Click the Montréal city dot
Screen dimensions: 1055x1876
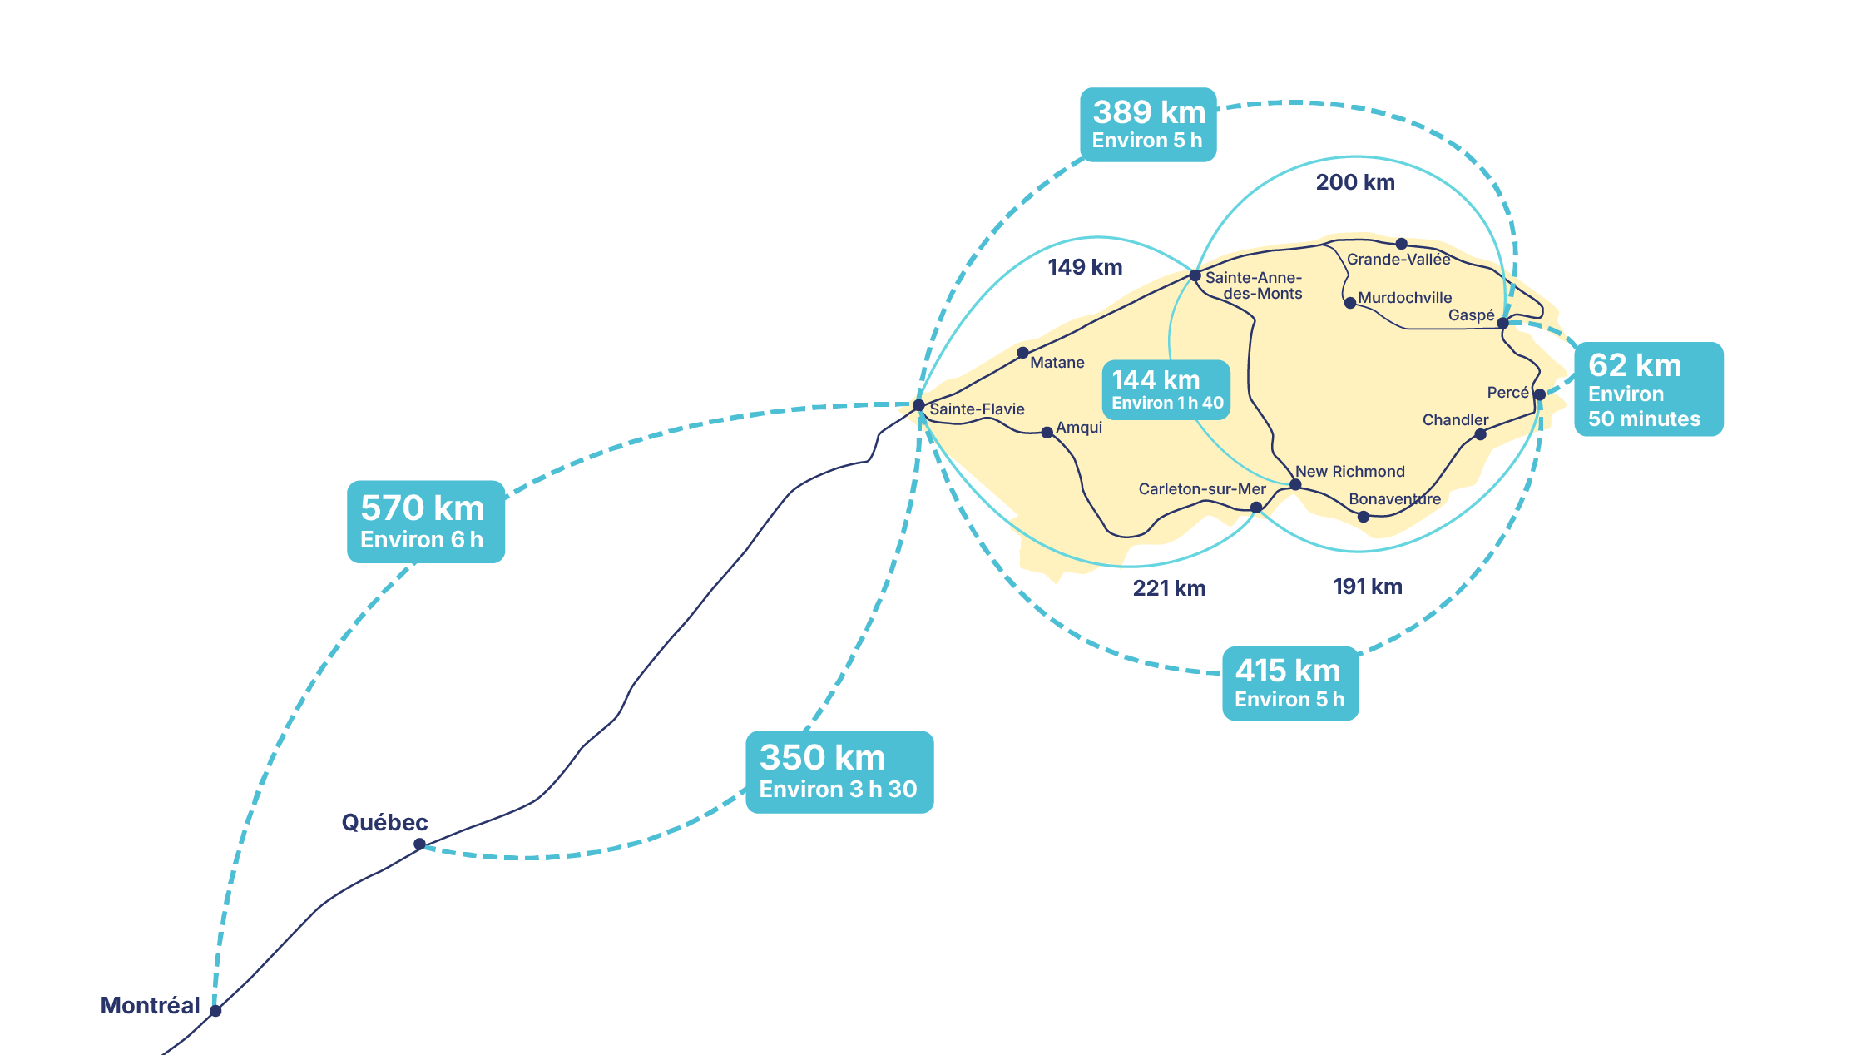(x=215, y=1011)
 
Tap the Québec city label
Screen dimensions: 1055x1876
(x=384, y=823)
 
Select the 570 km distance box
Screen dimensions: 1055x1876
(x=425, y=522)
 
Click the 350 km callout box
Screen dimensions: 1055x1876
(x=839, y=772)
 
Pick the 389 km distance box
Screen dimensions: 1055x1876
(x=1148, y=125)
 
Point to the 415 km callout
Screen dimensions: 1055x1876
(x=1289, y=684)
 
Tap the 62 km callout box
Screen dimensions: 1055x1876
(x=1648, y=389)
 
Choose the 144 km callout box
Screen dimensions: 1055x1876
(x=1166, y=389)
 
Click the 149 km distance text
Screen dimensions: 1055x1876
(x=1085, y=267)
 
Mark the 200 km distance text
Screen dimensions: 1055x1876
(x=1355, y=182)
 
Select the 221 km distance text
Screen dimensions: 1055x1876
(x=1169, y=588)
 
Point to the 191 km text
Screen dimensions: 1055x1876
(x=1367, y=587)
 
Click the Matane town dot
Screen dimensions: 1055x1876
(x=1022, y=353)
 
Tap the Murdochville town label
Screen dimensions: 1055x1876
(x=1404, y=298)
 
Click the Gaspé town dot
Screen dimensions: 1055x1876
(x=1502, y=323)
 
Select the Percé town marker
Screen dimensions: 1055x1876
(x=1539, y=394)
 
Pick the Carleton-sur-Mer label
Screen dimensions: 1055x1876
(x=1201, y=489)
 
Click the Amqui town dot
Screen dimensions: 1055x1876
(x=1047, y=433)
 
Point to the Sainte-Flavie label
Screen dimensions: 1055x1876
(x=977, y=409)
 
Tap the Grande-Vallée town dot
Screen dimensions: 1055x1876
(x=1401, y=244)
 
